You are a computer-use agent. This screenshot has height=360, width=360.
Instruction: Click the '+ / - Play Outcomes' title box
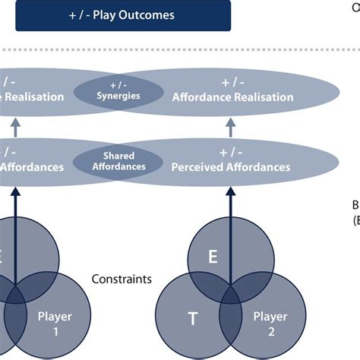pos(123,15)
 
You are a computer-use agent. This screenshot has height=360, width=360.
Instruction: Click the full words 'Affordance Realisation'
pos(232,97)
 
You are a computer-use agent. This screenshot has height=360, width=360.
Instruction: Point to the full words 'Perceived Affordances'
pos(231,166)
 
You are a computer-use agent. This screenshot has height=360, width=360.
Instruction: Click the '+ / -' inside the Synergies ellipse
pos(118,85)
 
